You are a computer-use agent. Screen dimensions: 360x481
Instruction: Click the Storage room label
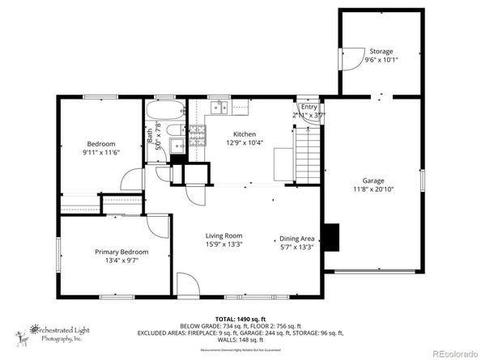pos(381,51)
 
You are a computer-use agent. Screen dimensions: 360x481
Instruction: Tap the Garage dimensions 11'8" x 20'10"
pos(372,189)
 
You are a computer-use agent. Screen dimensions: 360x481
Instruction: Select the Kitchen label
pos(245,134)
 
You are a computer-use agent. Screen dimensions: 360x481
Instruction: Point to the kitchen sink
pos(219,108)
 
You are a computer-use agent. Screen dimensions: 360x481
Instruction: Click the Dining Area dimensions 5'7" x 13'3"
pos(296,248)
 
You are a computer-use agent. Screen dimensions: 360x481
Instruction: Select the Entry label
pos(309,107)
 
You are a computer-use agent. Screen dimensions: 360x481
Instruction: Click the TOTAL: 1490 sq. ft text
pos(240,318)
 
